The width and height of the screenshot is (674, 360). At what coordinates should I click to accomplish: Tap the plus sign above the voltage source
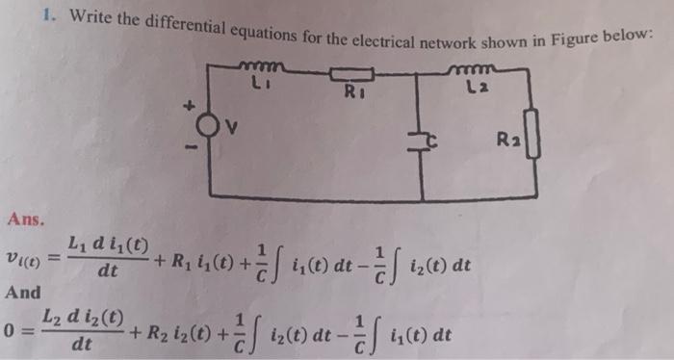190,104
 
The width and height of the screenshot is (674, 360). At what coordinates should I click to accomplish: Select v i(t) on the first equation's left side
21,257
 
